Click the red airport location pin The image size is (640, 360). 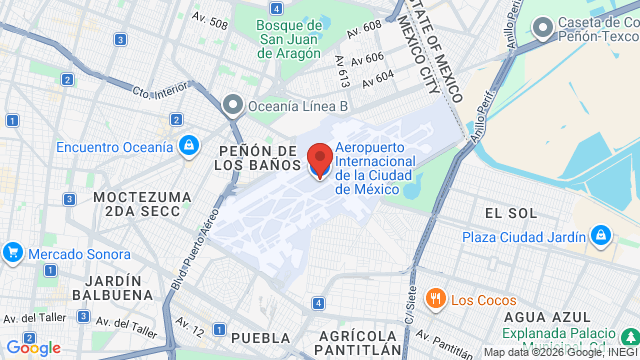point(320,160)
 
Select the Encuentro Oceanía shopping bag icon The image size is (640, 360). point(187,147)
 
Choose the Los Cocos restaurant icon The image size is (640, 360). point(435,300)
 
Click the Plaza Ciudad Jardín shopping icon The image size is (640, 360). point(600,237)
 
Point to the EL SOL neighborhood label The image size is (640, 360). point(510,213)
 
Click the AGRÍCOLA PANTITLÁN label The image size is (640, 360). point(360,342)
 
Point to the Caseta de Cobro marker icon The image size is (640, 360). point(543,29)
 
